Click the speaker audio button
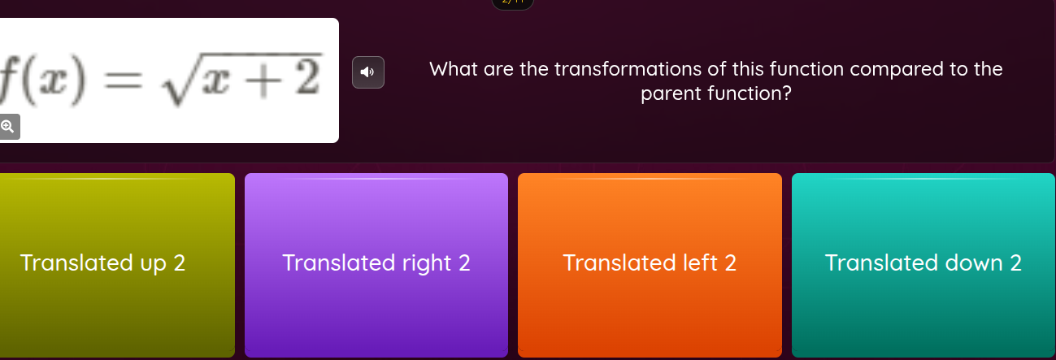click(x=367, y=72)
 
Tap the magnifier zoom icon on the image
click(x=7, y=127)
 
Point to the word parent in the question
click(x=671, y=94)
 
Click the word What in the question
click(x=453, y=69)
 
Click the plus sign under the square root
click(x=259, y=78)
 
